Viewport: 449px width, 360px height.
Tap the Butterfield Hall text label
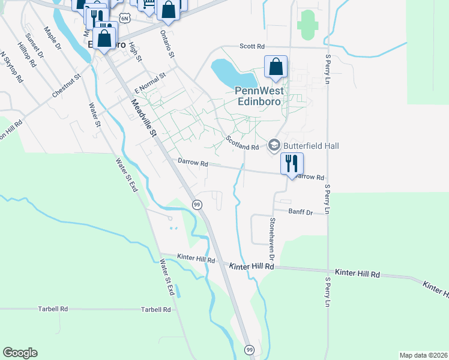pyautogui.click(x=312, y=146)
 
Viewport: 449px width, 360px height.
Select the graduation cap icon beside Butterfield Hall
pyautogui.click(x=274, y=145)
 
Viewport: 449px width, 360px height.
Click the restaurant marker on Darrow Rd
pyautogui.click(x=292, y=163)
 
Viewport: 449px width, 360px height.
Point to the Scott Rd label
pyautogui.click(x=252, y=46)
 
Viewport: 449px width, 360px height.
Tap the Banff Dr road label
pyautogui.click(x=300, y=212)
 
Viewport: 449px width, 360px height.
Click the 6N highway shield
pyautogui.click(x=124, y=19)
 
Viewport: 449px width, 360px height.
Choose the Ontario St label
pyautogui.click(x=166, y=45)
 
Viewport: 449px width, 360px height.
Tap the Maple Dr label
pyautogui.click(x=53, y=37)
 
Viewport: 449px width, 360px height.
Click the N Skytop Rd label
pyautogui.click(x=11, y=67)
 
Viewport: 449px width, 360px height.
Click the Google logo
pyautogui.click(x=20, y=353)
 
